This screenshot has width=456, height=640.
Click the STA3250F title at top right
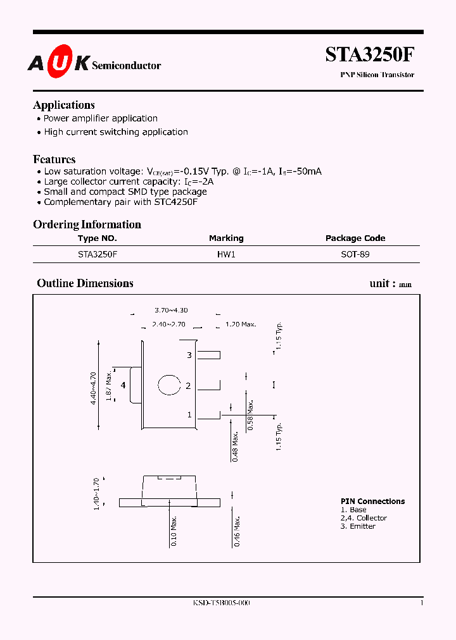(370, 56)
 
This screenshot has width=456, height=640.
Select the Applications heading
(64, 105)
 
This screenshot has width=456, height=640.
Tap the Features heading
(54, 159)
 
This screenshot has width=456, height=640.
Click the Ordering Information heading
(87, 225)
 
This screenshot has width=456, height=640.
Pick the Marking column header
(226, 238)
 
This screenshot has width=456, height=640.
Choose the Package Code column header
(355, 238)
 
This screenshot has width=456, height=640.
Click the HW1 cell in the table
(226, 254)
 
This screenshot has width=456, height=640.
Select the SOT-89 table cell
(355, 254)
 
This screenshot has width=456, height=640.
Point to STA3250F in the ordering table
(98, 254)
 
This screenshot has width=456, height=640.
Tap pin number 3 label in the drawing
(189, 355)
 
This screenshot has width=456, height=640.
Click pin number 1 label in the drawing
(189, 415)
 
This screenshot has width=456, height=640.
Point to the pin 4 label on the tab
(123, 385)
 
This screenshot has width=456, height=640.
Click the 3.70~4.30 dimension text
(171, 311)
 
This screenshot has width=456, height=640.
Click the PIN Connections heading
(372, 502)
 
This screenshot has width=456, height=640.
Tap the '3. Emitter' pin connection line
(358, 526)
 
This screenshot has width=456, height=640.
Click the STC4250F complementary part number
(179, 202)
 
